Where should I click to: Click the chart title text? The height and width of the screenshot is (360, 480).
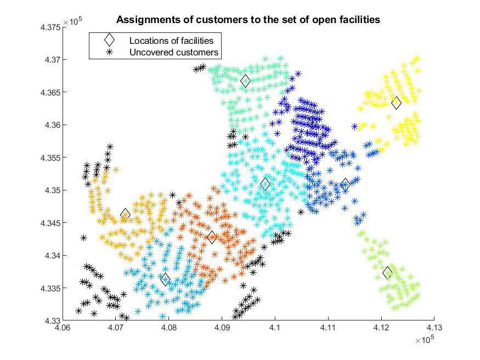(248, 20)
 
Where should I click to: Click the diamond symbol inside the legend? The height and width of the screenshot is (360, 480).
(109, 40)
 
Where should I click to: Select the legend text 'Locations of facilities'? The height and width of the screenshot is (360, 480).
(171, 41)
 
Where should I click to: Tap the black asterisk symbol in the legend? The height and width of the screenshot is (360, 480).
(109, 52)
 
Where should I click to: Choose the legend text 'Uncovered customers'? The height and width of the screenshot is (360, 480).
(174, 52)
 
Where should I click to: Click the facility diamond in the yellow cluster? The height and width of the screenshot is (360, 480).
(396, 103)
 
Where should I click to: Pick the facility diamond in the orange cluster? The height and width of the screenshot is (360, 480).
(125, 215)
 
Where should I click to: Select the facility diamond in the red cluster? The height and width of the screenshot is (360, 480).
(212, 237)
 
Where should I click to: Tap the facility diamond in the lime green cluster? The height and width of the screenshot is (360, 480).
(387, 272)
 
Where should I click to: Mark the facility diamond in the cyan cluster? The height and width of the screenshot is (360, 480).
(265, 184)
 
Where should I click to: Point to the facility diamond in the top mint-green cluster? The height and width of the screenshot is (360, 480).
(245, 81)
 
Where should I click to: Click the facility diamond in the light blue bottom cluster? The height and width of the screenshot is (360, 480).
(165, 279)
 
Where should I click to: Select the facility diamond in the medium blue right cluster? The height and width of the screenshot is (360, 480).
(345, 184)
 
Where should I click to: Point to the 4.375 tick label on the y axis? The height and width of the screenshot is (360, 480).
(50, 27)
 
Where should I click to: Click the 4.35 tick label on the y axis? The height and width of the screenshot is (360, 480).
(53, 190)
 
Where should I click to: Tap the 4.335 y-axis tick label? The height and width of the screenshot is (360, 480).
(50, 288)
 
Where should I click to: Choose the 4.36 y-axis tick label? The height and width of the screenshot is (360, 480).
(53, 125)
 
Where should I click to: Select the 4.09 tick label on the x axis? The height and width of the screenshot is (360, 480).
(222, 328)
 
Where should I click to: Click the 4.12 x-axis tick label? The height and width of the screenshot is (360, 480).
(381, 328)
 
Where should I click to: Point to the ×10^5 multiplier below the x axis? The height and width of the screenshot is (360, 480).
(425, 340)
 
